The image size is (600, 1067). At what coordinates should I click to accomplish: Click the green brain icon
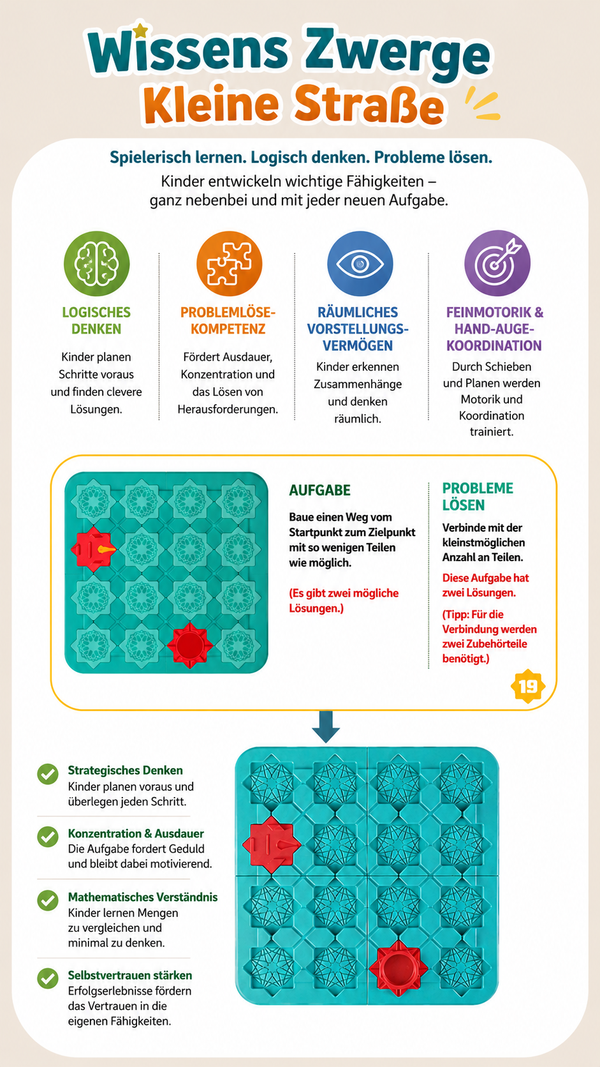(96, 264)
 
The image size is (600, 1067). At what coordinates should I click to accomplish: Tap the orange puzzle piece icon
(229, 264)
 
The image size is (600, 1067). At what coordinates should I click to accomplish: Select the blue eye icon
(360, 264)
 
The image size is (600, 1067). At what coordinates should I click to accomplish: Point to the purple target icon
(497, 264)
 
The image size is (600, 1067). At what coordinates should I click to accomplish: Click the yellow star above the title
(140, 31)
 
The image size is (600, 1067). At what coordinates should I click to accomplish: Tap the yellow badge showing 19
(528, 687)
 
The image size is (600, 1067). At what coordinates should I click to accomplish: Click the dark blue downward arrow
(326, 727)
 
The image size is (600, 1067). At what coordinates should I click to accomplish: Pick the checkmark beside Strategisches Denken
(48, 774)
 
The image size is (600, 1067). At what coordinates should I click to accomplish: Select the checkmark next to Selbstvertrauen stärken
(48, 979)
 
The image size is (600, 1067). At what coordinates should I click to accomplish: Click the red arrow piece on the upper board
(94, 549)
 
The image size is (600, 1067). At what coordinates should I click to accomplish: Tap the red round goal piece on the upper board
(190, 645)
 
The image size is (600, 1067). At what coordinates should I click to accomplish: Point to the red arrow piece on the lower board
(272, 844)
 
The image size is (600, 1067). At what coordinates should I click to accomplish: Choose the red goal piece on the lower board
(398, 968)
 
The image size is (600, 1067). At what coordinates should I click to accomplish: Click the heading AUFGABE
(319, 490)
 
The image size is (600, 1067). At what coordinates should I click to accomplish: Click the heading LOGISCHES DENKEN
(96, 320)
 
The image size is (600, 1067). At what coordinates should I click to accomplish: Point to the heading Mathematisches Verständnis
(143, 897)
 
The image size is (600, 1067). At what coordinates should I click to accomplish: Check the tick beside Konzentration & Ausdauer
(48, 837)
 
